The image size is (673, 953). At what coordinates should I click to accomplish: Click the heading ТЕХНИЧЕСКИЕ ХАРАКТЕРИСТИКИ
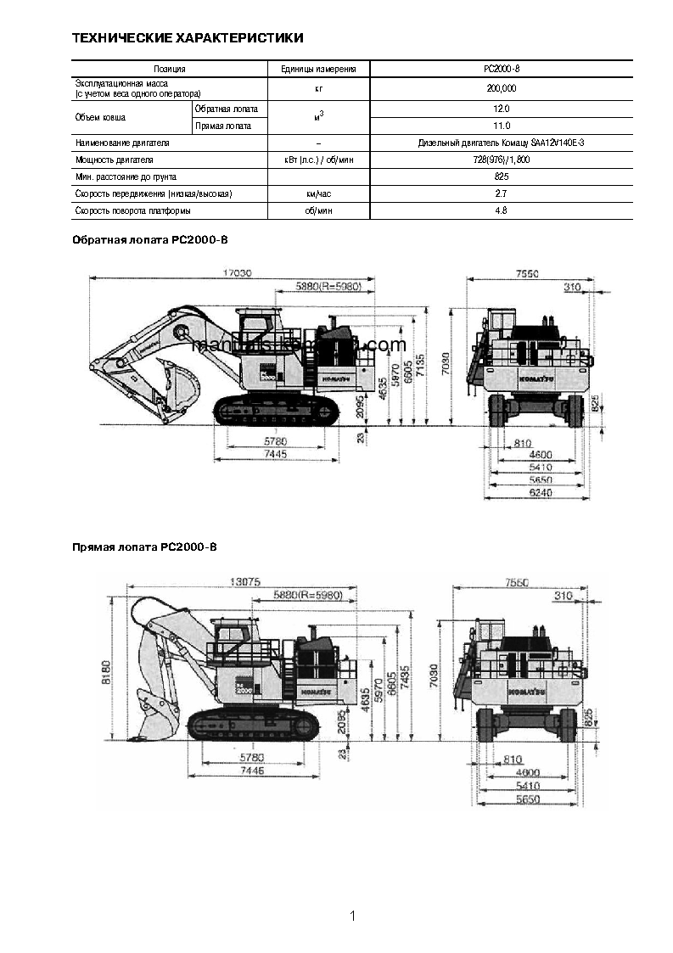[188, 38]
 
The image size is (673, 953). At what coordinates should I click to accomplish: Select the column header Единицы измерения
[318, 69]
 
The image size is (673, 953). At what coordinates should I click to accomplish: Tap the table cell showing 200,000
[501, 88]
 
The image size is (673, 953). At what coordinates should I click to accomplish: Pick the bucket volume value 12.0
[501, 109]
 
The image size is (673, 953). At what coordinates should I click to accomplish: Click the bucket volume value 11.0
[501, 126]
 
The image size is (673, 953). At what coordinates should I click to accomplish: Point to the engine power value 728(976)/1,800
[501, 160]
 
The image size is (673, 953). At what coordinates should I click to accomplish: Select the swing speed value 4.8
[501, 210]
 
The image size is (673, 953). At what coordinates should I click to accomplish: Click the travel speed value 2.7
[501, 193]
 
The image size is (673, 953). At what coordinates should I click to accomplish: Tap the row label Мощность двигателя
[115, 160]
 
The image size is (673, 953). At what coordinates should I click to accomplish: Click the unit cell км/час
[318, 193]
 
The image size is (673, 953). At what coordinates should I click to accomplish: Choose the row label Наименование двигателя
[122, 143]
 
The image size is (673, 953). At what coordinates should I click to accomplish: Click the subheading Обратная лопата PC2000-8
[149, 240]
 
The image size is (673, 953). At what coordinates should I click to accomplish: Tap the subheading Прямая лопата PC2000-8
[144, 547]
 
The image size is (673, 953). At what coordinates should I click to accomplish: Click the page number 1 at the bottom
[351, 916]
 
